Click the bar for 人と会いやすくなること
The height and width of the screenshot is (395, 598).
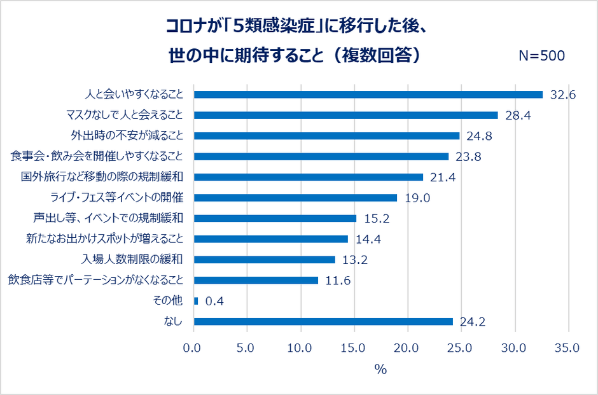(368, 94)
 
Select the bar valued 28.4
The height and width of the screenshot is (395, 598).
(345, 115)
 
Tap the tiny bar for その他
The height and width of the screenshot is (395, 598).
(196, 301)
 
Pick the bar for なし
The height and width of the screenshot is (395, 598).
(323, 321)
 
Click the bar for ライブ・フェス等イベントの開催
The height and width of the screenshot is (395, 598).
(295, 198)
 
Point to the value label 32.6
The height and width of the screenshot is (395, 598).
(563, 95)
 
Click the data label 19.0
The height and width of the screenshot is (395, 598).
(417, 198)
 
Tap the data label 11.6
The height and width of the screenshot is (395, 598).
(338, 281)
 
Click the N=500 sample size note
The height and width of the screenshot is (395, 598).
(541, 55)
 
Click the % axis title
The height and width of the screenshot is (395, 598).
(380, 370)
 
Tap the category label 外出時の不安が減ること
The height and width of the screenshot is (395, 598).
(126, 135)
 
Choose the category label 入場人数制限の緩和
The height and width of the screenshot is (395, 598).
(132, 260)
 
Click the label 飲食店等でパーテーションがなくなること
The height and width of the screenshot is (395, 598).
(95, 280)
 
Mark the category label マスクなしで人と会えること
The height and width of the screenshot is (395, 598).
(125, 115)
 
